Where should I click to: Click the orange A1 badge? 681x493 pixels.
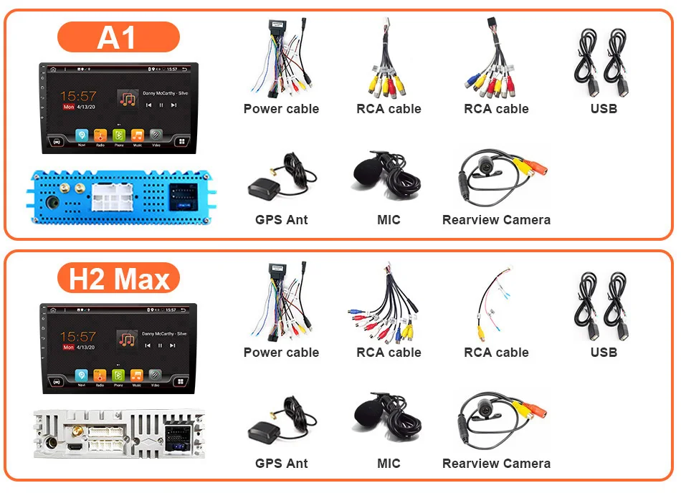click(118, 37)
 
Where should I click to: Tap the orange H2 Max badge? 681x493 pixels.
click(118, 279)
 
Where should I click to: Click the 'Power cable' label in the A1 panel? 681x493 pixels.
click(281, 109)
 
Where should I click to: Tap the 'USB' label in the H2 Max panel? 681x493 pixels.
click(604, 353)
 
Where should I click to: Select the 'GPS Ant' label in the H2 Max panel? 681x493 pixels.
click(281, 464)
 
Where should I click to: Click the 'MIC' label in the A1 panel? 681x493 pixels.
click(389, 220)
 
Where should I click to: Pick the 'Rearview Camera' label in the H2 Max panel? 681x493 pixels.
click(496, 464)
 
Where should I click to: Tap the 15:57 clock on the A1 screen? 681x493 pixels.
click(77, 95)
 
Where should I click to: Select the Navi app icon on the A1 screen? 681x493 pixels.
click(81, 135)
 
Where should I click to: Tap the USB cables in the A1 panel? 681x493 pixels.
click(604, 61)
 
